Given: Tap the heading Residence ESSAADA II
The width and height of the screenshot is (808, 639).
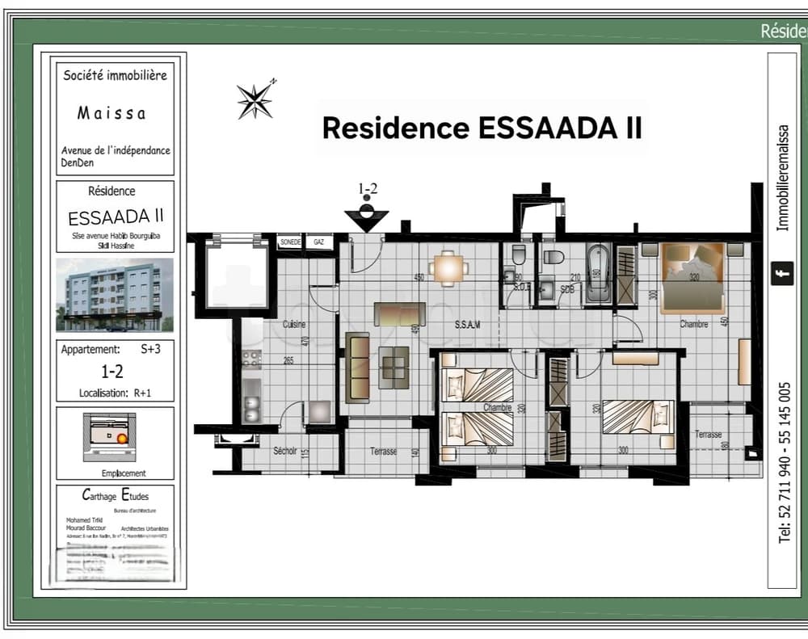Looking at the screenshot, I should coord(482,128).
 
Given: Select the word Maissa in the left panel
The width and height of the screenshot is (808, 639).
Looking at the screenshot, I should coord(112,113).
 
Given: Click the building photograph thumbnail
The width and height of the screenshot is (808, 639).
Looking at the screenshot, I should coord(114,294).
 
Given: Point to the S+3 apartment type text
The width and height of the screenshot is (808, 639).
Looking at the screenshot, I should coord(151,350).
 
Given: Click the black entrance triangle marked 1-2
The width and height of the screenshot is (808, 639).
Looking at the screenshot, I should coord(366,218).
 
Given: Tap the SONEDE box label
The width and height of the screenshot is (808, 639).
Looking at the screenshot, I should coord(290,242).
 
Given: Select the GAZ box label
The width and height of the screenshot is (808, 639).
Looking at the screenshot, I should coord(319,242).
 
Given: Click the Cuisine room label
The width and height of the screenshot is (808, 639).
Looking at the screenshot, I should coord(294,325).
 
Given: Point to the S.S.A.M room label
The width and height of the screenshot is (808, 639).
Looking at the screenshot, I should coord(467,325).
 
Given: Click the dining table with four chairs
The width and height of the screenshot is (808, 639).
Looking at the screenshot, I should coord(448,268).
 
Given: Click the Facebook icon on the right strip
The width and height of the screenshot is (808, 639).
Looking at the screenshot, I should coord(781,273).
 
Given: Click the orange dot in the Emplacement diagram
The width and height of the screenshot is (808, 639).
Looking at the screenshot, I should coord(122,439).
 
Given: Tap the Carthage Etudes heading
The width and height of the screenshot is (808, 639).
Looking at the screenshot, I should coord(115,495).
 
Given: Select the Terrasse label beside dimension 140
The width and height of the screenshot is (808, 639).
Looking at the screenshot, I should coord(383,451).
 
